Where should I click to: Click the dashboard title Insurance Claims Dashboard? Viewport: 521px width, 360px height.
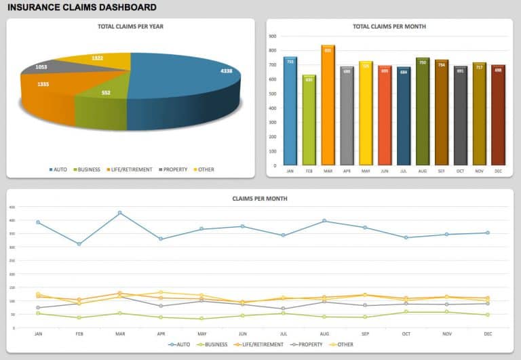(81, 7)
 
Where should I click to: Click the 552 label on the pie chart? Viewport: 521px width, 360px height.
(106, 92)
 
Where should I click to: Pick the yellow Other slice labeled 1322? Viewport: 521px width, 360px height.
(98, 59)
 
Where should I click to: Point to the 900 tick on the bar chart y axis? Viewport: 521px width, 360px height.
(272, 37)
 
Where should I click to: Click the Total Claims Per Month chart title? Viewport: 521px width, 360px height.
(389, 26)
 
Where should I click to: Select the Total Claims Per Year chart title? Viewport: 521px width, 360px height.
(130, 26)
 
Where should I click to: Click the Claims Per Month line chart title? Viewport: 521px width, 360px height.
(260, 199)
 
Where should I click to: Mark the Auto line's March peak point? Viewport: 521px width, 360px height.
(120, 213)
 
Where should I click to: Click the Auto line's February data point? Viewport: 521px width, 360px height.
(79, 244)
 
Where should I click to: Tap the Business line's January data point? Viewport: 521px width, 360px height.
(38, 313)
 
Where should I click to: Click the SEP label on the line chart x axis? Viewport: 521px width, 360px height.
(365, 334)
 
